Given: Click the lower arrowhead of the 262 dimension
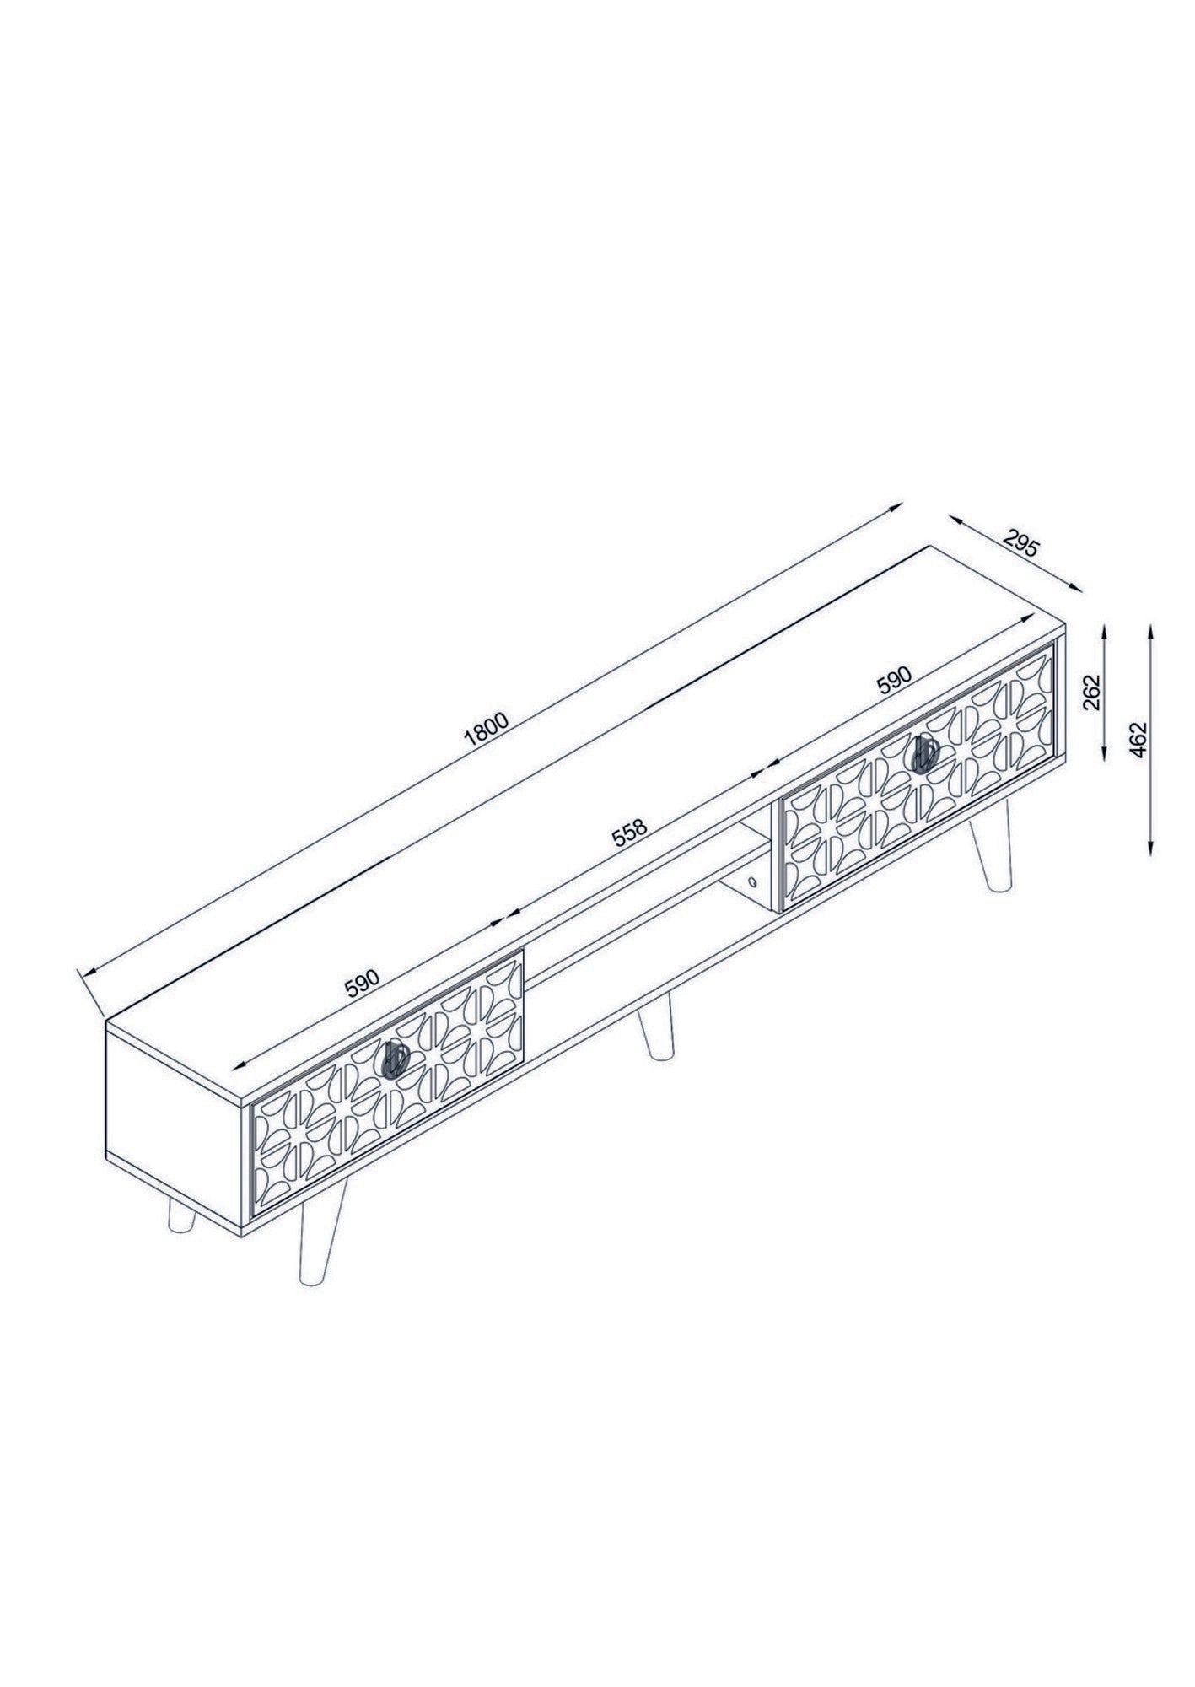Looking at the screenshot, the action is pyautogui.click(x=1106, y=752).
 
